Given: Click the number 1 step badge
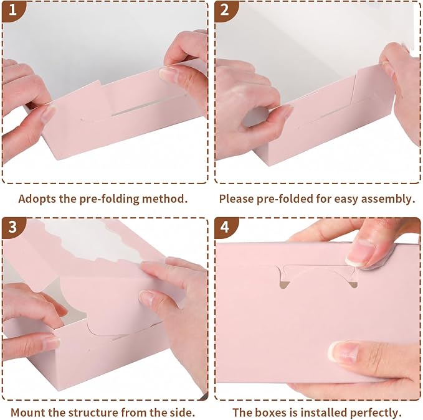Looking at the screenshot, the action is [x=12, y=10].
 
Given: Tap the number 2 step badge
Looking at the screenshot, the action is [x=225, y=10].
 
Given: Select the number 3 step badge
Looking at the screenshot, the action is [x=12, y=228].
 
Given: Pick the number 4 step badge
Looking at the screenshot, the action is [x=225, y=228].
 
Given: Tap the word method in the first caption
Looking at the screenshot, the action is [x=164, y=199].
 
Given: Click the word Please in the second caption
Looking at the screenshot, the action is [x=236, y=199].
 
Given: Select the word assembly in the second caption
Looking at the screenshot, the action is [x=387, y=199].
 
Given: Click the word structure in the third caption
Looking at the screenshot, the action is [x=93, y=413].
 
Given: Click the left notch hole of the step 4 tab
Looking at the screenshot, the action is [x=283, y=285].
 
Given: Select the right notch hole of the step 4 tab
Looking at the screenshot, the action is [x=353, y=284].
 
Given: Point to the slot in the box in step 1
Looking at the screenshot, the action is [x=148, y=105].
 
